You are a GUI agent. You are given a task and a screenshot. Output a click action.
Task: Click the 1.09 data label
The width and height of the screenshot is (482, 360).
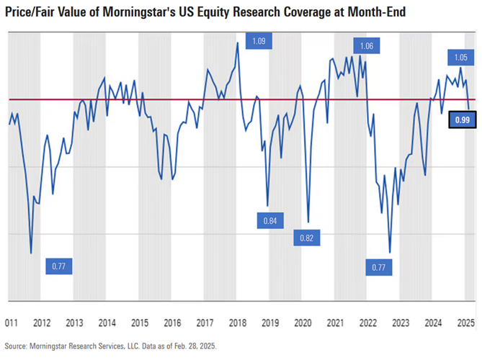click(259, 41)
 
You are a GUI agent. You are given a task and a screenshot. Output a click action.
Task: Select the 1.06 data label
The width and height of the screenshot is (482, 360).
click(366, 47)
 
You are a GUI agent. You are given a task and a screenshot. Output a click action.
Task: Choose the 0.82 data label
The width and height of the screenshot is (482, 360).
click(307, 238)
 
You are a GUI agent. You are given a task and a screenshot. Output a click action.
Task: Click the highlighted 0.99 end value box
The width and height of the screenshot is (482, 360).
click(462, 120)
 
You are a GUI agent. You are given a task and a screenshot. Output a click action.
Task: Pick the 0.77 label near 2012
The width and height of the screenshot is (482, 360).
click(59, 266)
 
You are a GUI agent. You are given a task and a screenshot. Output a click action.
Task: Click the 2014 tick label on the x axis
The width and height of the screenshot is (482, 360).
click(107, 323)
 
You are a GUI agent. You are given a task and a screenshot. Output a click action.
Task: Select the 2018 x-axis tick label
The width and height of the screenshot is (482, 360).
click(237, 323)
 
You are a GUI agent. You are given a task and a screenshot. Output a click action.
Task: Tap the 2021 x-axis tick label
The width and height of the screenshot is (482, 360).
click(335, 323)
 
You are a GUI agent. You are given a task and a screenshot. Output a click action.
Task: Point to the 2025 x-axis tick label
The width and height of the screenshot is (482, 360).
click(465, 323)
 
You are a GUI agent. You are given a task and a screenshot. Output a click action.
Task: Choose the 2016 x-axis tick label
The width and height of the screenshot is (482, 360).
click(172, 323)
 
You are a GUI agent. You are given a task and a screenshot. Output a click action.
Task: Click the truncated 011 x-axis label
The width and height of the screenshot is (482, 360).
click(12, 323)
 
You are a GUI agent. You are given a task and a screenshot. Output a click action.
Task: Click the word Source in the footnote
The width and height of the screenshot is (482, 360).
click(17, 347)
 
